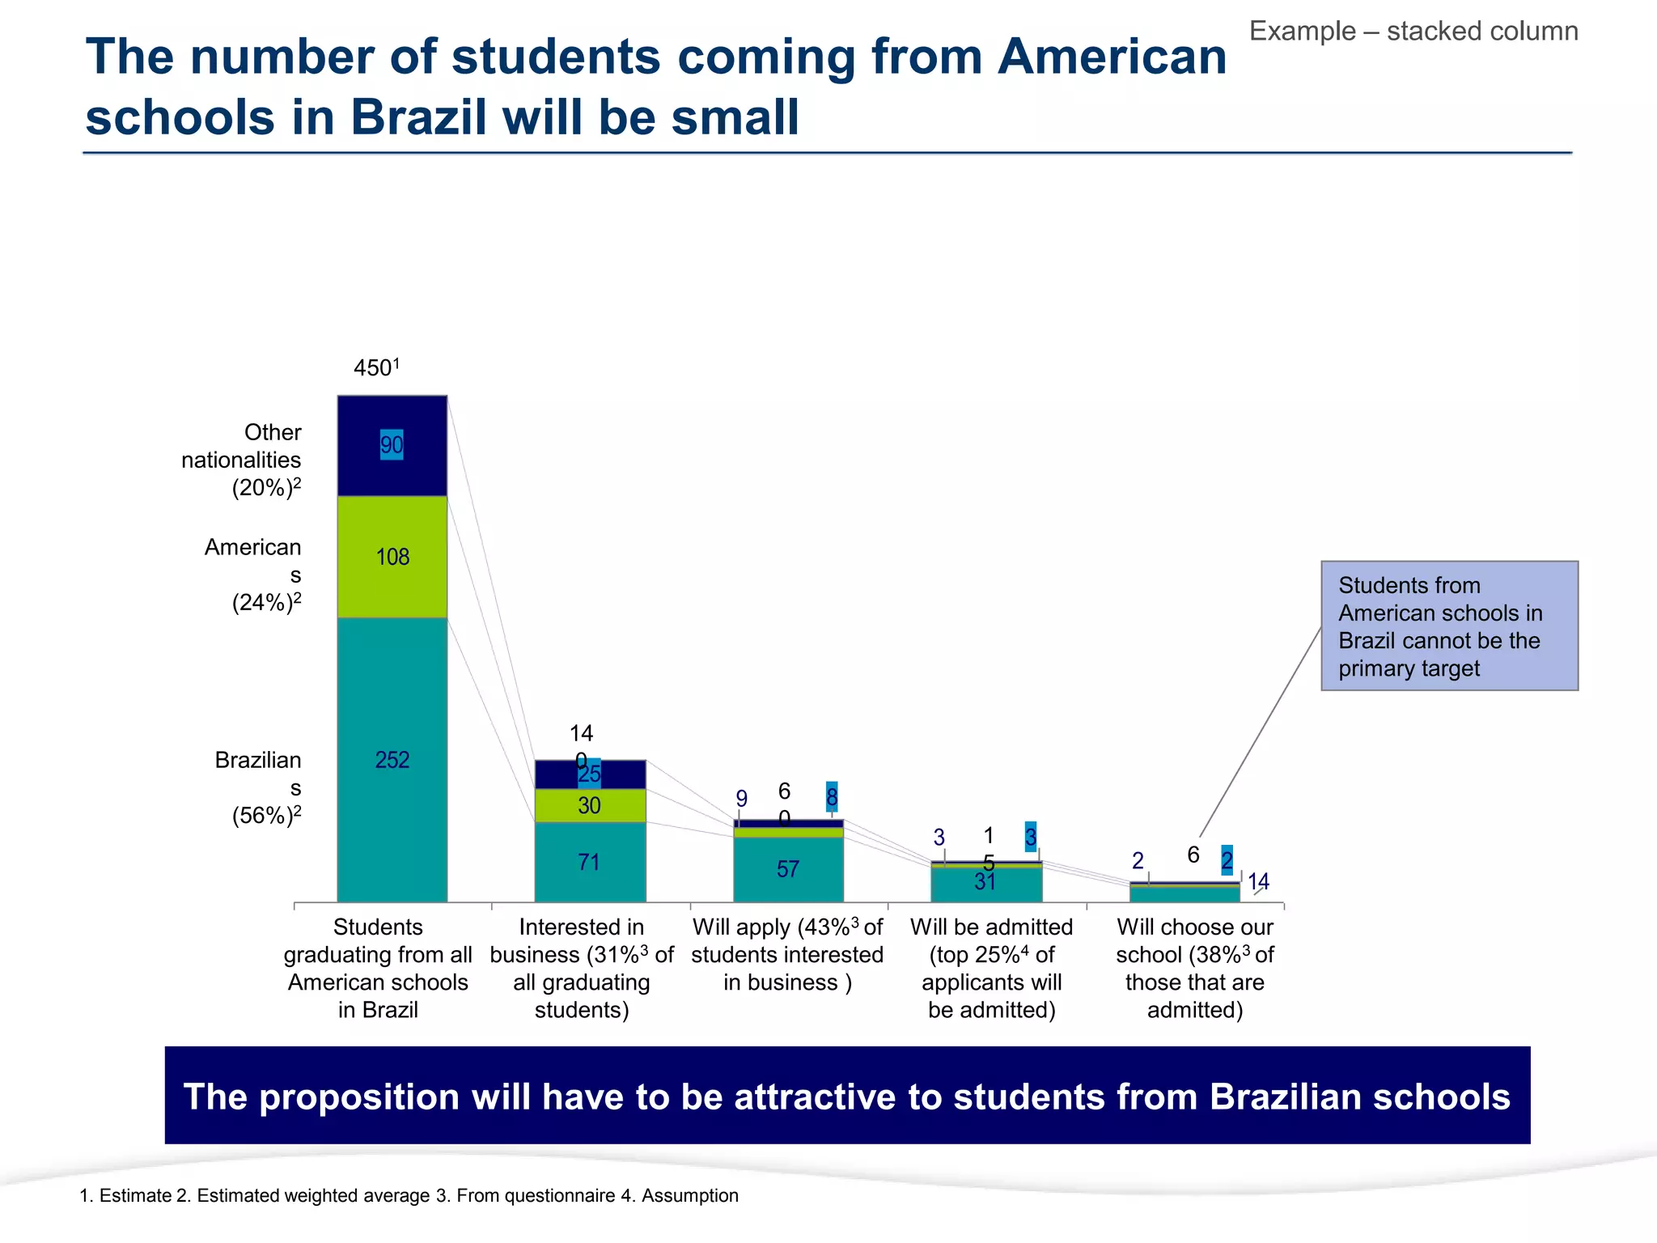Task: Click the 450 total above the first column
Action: (375, 368)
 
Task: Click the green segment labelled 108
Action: (392, 557)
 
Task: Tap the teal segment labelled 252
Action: (392, 760)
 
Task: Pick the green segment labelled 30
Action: (590, 805)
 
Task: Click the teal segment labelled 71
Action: (590, 863)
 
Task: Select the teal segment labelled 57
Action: (788, 870)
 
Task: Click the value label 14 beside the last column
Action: (1258, 881)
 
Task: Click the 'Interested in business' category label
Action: (582, 968)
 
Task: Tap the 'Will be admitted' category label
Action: (991, 968)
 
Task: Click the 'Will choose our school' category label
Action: (1195, 968)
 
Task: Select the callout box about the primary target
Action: (1449, 626)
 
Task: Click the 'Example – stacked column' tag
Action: (1413, 32)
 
